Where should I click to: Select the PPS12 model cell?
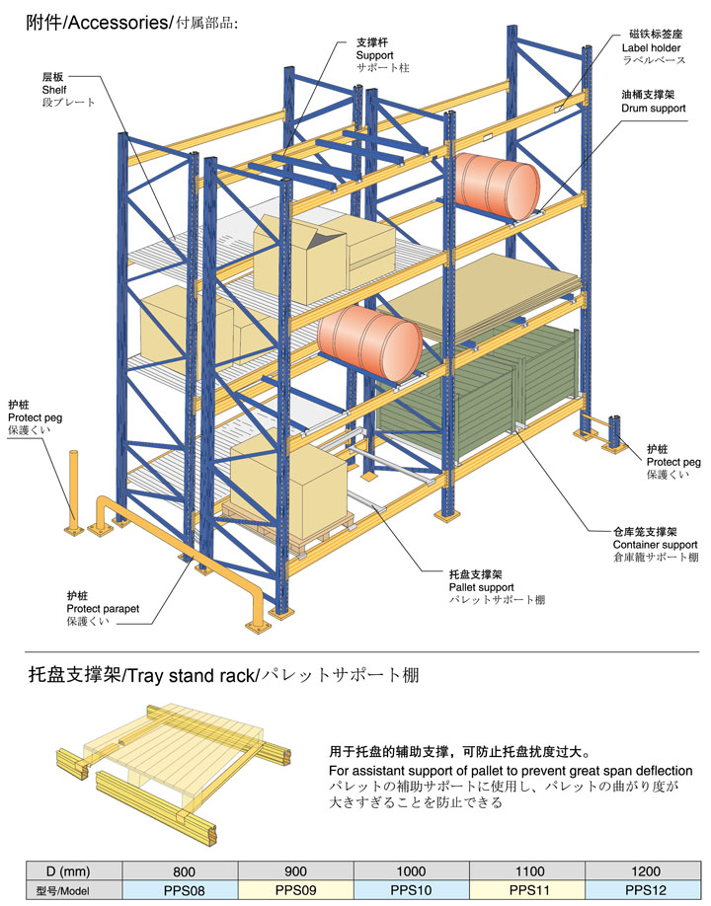click(x=643, y=890)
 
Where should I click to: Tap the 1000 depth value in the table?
click(x=411, y=871)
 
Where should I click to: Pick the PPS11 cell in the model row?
click(x=527, y=890)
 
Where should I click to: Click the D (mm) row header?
click(x=62, y=871)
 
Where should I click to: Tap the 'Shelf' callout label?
click(x=52, y=90)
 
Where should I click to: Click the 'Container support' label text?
click(x=655, y=544)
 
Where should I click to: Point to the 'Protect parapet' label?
click(x=103, y=609)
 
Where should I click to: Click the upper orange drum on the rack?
click(x=498, y=187)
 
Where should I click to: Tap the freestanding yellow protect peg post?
click(x=72, y=493)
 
